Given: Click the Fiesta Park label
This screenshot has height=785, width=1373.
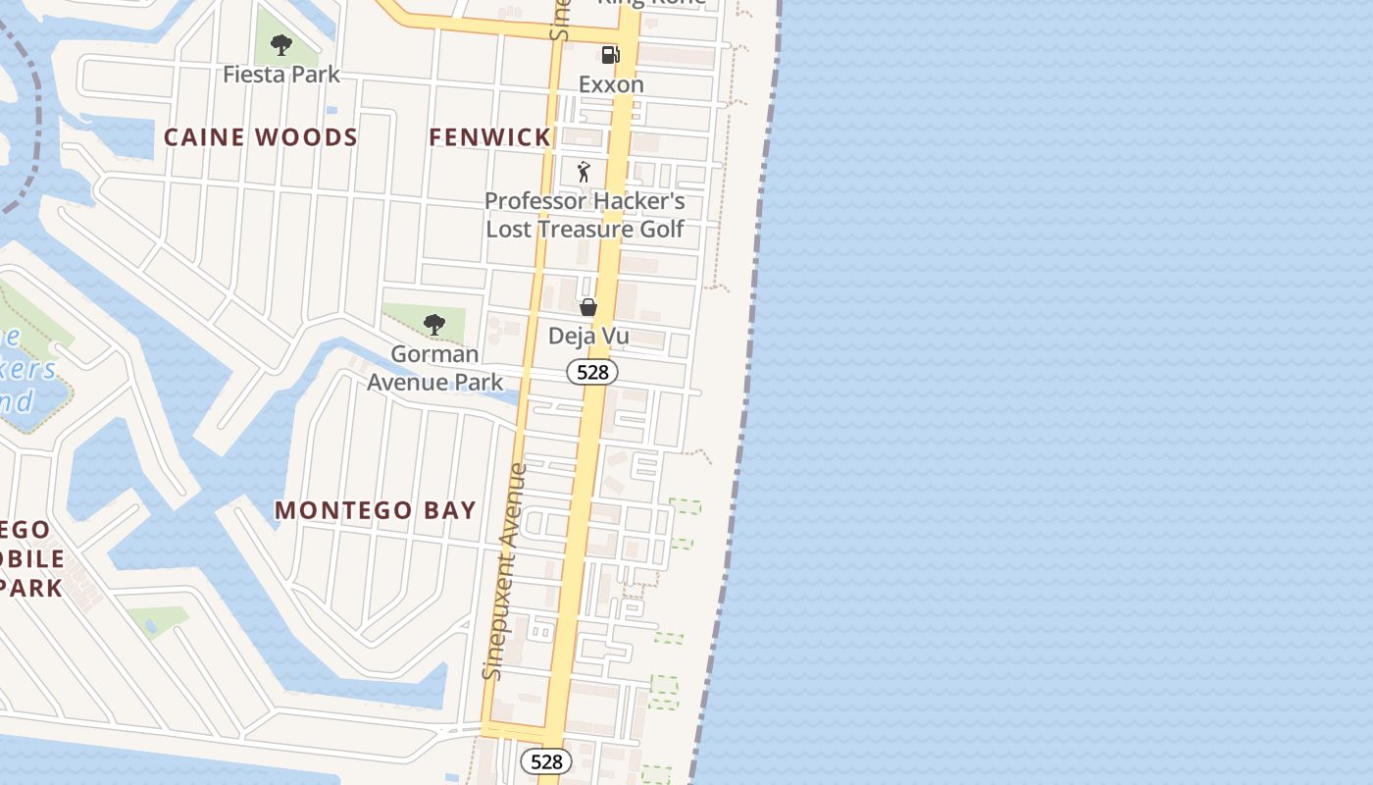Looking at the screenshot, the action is click(x=281, y=75).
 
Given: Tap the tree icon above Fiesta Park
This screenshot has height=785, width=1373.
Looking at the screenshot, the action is click(x=281, y=45).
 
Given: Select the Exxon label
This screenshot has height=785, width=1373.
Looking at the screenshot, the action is click(x=611, y=84).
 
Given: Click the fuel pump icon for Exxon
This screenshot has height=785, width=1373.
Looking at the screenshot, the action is click(x=610, y=55).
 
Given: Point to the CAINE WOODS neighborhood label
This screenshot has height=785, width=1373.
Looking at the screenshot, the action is click(x=261, y=137).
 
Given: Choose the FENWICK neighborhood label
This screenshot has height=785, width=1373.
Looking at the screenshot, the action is click(x=489, y=137).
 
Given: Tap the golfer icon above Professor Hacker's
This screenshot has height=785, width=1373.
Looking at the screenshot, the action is click(x=585, y=173).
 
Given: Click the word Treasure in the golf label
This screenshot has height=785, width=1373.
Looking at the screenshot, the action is click(x=585, y=230).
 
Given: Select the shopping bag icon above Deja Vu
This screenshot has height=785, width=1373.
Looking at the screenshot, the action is click(x=588, y=308).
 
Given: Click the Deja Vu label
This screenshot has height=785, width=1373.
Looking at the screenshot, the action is click(x=588, y=337).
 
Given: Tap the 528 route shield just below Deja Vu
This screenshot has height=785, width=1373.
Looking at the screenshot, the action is click(x=592, y=373).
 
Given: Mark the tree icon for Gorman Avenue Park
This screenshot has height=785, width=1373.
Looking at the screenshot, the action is click(x=433, y=325).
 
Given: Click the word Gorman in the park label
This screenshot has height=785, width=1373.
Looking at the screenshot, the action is click(x=434, y=354).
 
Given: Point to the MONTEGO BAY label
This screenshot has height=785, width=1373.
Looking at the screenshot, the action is click(x=375, y=511).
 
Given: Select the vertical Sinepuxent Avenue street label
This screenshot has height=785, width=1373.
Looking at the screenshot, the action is click(x=505, y=571).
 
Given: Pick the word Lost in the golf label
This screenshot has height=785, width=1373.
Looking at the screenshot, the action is click(x=509, y=230).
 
